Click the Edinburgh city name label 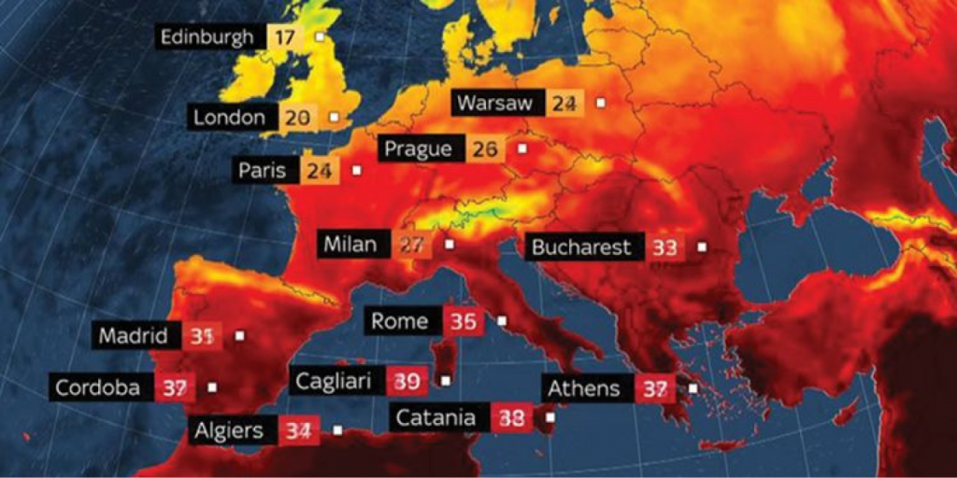click(207, 37)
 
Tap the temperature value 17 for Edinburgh click(283, 38)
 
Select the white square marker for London click(334, 118)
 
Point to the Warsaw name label click(495, 103)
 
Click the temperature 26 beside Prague click(484, 148)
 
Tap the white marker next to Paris click(356, 171)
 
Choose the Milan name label click(350, 245)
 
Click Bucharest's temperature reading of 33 click(664, 248)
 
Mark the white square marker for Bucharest click(702, 247)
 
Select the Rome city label click(400, 321)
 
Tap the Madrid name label click(134, 336)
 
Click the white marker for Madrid click(239, 335)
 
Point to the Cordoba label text click(98, 387)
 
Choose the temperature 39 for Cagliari click(407, 381)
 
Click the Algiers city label click(229, 430)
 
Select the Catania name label click(436, 417)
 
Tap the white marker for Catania click(550, 417)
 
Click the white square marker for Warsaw click(602, 103)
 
